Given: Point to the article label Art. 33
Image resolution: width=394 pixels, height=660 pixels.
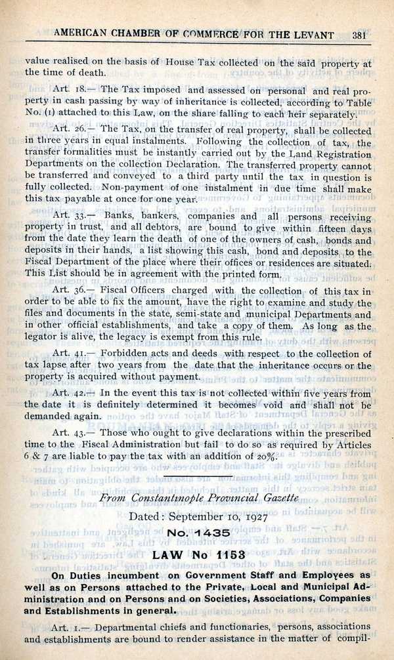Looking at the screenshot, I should click(72, 216).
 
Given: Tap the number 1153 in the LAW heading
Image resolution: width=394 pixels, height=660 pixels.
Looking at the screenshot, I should click(225, 555).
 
